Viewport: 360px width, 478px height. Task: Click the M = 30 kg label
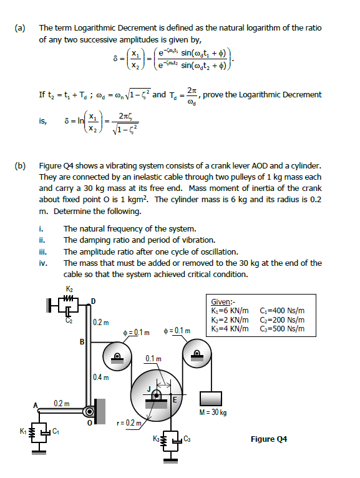[213, 412]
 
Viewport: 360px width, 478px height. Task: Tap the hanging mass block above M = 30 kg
[213, 398]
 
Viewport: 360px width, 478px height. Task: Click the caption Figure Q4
[268, 439]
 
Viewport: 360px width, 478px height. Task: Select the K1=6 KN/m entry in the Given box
[231, 310]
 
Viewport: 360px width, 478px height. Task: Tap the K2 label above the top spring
[69, 289]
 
